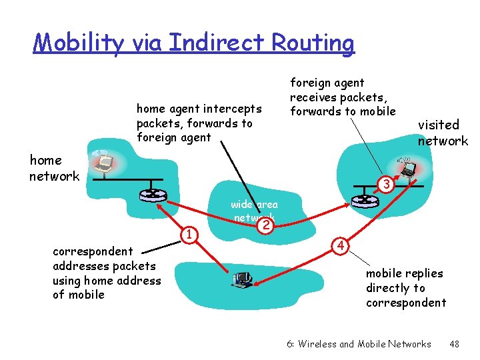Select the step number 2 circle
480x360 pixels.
[265, 225]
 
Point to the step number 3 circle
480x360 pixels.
[383, 183]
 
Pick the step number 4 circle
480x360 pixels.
[341, 245]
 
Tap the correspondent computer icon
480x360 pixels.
[241, 279]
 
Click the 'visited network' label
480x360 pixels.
[443, 133]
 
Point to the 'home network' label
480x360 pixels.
[53, 168]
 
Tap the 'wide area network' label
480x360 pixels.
[254, 211]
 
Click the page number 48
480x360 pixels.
[454, 344]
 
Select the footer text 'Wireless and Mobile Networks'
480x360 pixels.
[365, 344]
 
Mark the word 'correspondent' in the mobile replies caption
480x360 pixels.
[405, 303]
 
